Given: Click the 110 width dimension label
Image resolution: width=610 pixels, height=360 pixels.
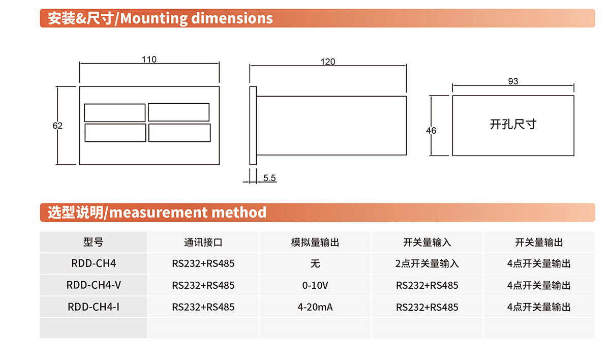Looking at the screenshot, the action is click(x=149, y=59).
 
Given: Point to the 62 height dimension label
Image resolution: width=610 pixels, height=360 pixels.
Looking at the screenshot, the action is click(x=57, y=126).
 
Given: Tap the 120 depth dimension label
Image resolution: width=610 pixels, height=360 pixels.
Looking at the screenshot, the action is click(x=327, y=62).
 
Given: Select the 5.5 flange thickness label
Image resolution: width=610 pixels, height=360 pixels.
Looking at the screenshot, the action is click(x=269, y=178).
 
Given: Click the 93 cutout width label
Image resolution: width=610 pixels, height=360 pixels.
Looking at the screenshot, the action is click(x=513, y=81).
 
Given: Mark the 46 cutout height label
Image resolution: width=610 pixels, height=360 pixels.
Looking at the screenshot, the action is click(x=431, y=131).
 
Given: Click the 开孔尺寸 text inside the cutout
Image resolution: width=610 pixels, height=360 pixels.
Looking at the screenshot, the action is click(x=513, y=124).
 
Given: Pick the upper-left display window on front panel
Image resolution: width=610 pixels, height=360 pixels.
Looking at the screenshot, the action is click(x=115, y=113).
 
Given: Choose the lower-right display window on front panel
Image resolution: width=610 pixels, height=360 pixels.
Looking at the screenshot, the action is click(x=179, y=133).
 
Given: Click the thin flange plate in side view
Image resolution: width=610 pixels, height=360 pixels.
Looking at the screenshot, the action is click(x=253, y=126).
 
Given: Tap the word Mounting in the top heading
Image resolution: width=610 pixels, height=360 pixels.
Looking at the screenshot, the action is click(x=154, y=18).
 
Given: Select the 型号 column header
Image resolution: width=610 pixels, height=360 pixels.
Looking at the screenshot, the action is click(x=93, y=242).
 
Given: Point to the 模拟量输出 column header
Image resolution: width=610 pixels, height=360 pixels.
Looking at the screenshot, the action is click(x=315, y=242).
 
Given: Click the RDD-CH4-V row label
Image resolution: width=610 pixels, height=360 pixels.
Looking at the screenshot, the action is click(x=94, y=285).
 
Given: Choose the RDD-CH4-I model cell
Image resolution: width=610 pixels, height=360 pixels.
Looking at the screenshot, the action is click(x=94, y=307).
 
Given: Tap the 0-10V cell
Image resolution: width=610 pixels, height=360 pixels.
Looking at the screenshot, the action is click(x=315, y=285).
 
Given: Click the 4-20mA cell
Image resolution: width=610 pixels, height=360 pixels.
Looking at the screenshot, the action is click(x=315, y=307).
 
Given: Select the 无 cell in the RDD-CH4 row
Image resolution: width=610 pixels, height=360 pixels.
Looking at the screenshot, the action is click(x=315, y=263).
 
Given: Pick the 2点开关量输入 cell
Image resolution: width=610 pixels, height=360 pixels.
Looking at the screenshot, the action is click(x=427, y=263).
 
